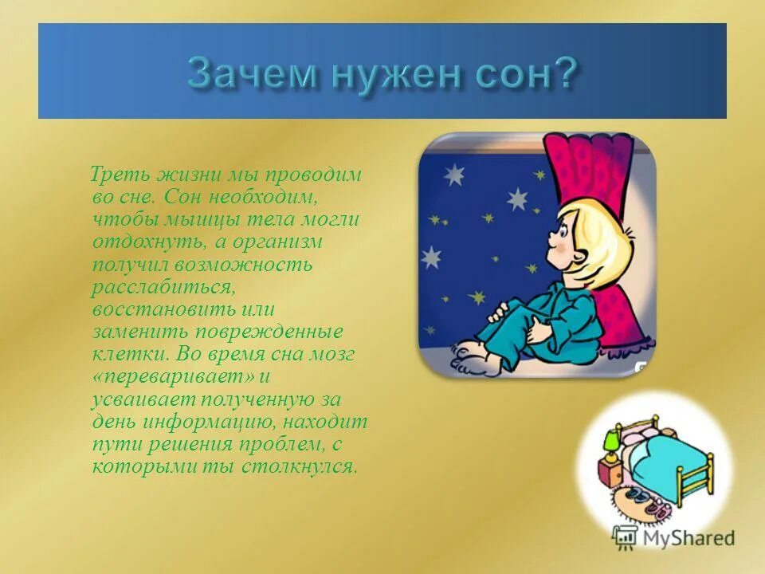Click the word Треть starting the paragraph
pyautogui.click(x=117, y=173)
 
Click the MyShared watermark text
pyautogui.click(x=686, y=538)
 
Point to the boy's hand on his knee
pyautogui.click(x=542, y=327)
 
